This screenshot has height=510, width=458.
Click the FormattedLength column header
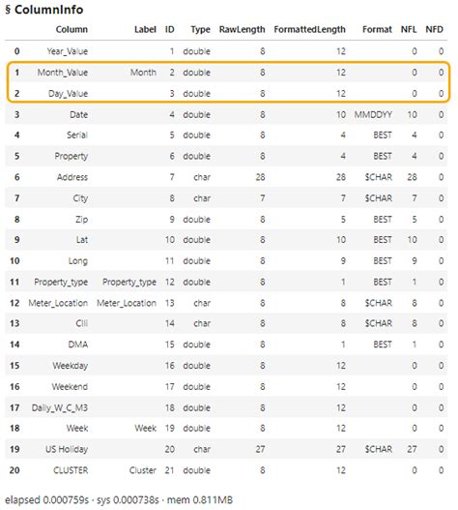[x=310, y=31]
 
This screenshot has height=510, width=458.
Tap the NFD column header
[x=439, y=31]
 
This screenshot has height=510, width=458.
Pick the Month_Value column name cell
[x=64, y=73]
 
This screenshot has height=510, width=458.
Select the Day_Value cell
[x=68, y=94]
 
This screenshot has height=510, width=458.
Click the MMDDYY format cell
[x=373, y=115]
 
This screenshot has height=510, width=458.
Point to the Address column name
[x=72, y=178]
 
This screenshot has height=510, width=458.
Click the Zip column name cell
[x=81, y=220]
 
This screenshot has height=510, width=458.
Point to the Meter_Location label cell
[x=128, y=303]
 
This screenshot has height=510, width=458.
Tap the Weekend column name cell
[x=71, y=387]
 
